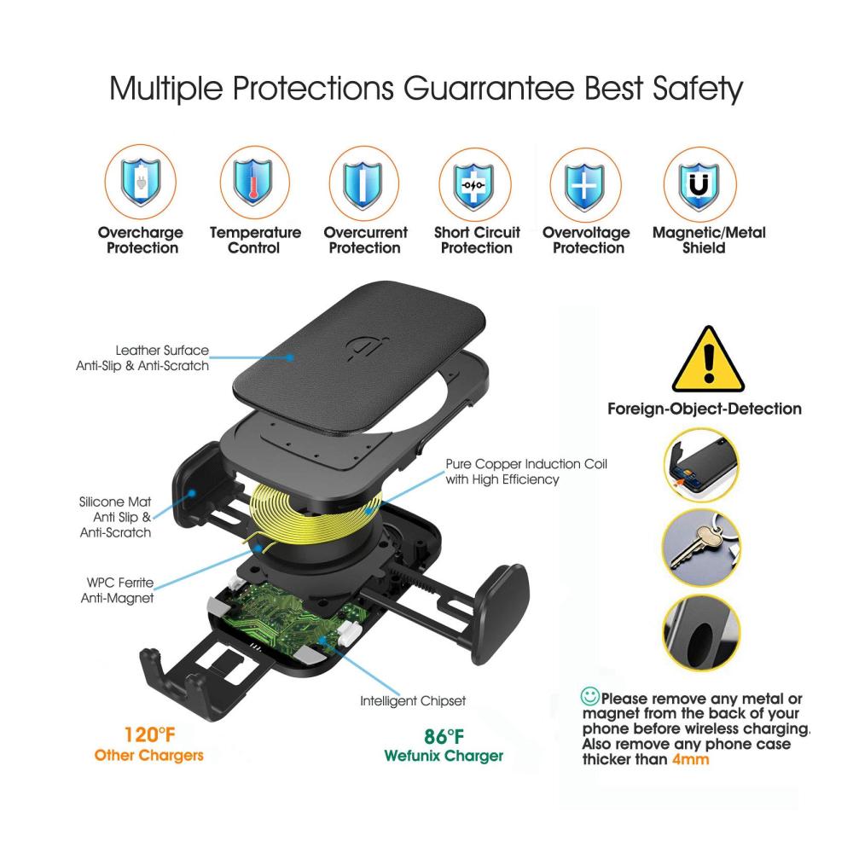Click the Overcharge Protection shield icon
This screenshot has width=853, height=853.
point(141,182)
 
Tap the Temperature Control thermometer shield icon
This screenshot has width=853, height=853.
point(254,182)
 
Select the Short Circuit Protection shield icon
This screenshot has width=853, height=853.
point(474,185)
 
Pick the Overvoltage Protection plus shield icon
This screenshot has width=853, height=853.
point(585,185)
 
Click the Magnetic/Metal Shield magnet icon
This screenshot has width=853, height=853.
point(699,185)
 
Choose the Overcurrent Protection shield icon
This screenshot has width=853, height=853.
point(363,183)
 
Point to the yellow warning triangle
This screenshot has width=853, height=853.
point(708,359)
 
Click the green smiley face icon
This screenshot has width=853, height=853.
point(589,696)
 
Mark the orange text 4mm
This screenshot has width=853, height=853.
point(690,759)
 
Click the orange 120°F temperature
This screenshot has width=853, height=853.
point(149,735)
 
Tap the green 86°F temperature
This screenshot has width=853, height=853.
point(444,737)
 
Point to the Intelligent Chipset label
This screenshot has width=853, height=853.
point(413,700)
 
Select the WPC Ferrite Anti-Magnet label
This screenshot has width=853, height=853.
point(118,590)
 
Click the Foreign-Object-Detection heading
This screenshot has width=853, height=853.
point(705,409)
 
